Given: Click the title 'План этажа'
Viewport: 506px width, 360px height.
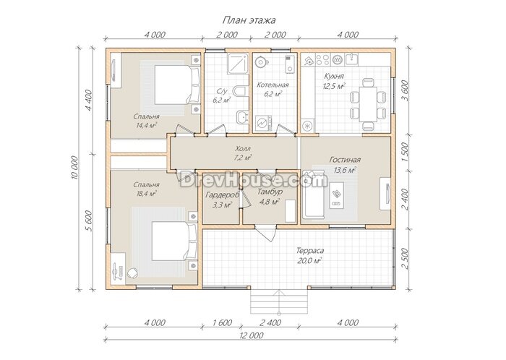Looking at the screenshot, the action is tap(249, 20).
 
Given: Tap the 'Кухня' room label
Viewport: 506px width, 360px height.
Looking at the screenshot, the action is tap(334, 77).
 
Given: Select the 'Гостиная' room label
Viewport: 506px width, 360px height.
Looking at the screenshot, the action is tap(345, 160).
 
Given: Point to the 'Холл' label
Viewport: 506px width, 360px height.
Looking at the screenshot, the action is tap(243, 149).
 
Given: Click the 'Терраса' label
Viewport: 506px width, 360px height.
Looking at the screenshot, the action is tap(310, 251).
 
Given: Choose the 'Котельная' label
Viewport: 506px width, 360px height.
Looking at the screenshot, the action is tap(273, 85).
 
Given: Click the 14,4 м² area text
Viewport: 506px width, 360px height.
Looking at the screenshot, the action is tap(147, 125).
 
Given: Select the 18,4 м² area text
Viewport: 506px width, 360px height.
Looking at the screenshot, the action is tap(147, 194).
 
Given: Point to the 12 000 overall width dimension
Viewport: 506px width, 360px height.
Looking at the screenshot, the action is tap(252, 335).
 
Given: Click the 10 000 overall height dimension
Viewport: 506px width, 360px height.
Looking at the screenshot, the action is tap(74, 168).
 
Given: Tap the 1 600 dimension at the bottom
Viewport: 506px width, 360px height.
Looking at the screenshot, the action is tap(223, 322).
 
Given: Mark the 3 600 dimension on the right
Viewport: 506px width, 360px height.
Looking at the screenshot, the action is tap(406, 90).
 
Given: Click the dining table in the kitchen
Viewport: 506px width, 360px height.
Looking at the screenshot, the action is tap(368, 104).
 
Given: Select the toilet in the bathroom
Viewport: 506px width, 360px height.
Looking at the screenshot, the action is tap(241, 91).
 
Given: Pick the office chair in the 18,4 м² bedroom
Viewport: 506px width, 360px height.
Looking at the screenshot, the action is tap(133, 273).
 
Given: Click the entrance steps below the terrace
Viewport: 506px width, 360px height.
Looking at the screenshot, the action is tap(279, 301).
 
